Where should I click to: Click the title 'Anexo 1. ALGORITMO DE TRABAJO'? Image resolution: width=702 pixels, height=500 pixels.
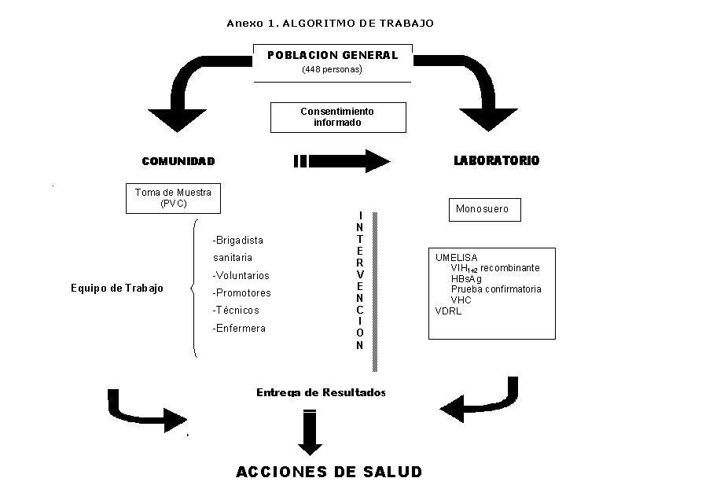tap(329, 24)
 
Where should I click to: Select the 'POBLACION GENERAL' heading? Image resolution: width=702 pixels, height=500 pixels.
tap(332, 56)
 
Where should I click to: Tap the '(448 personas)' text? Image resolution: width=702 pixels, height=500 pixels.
tap(332, 70)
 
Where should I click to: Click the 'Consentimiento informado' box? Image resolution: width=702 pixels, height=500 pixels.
tap(338, 117)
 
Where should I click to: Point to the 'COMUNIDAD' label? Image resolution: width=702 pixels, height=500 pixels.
tap(178, 161)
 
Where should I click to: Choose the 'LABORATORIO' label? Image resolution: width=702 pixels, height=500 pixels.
tap(497, 160)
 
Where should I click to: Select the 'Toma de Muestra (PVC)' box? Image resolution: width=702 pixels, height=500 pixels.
tap(173, 198)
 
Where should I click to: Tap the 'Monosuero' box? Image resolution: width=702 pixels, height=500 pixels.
tap(482, 210)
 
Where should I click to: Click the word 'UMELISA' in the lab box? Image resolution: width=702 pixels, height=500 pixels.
tap(456, 257)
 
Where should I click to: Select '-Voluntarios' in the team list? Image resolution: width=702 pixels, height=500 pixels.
tap(241, 276)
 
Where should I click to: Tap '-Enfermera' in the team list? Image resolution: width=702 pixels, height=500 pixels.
tap(239, 329)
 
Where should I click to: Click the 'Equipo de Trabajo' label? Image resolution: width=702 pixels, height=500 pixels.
tap(117, 289)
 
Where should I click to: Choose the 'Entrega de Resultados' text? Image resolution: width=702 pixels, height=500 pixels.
tap(321, 392)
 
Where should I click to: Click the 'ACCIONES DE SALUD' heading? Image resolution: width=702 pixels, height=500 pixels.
tap(329, 472)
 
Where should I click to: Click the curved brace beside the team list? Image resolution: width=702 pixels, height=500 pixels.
tap(194, 289)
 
